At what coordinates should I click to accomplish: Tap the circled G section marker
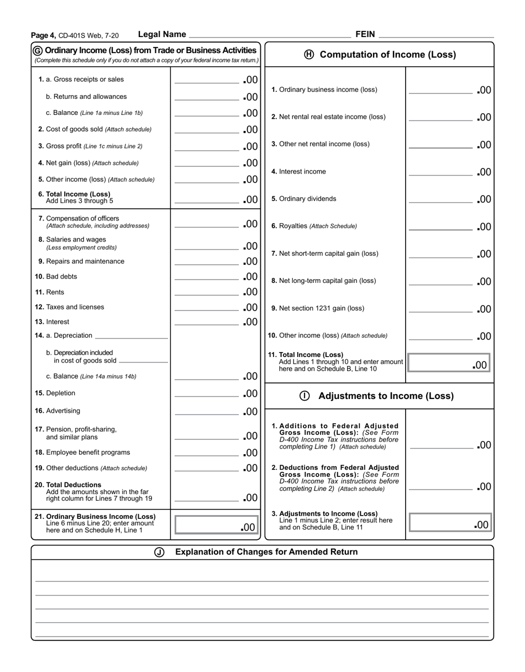point(38,50)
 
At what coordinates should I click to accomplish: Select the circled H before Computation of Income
point(309,54)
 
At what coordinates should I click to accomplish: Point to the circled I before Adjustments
point(304,396)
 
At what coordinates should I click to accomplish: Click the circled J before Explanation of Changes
point(159,552)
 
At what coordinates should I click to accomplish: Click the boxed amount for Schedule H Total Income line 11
point(449,363)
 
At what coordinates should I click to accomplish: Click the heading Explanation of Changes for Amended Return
point(266,552)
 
